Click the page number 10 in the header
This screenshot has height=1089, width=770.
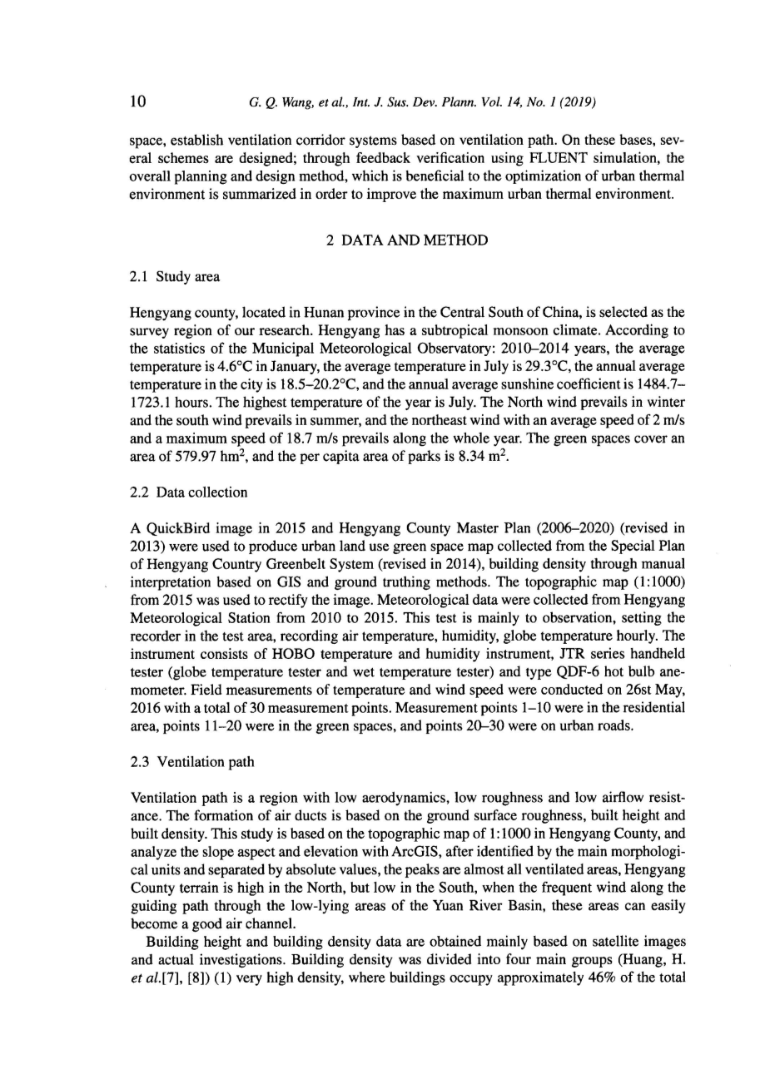(138, 102)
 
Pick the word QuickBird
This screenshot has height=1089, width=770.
(175, 528)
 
